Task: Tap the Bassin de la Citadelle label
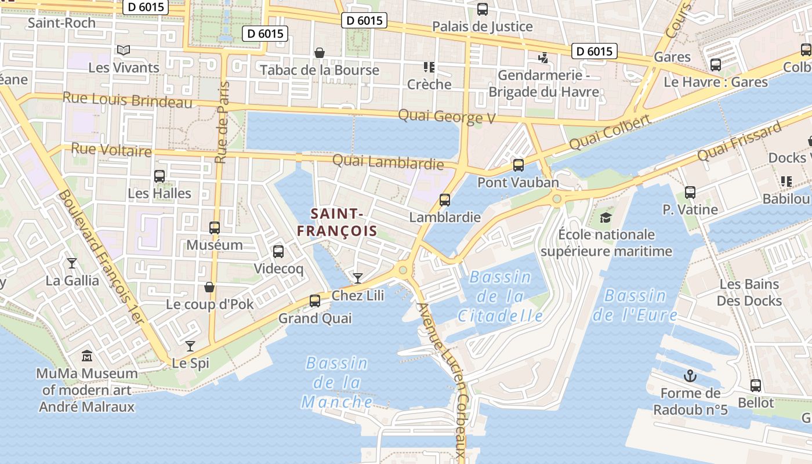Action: click(x=501, y=296)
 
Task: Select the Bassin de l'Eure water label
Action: click(x=635, y=305)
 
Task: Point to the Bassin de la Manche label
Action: click(x=337, y=382)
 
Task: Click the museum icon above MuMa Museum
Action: click(x=87, y=355)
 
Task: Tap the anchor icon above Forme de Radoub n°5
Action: click(x=690, y=376)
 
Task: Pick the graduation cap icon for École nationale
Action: click(x=606, y=217)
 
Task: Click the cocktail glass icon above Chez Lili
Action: click(x=358, y=278)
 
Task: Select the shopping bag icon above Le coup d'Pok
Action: click(x=209, y=287)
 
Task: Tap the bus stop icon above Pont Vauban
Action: click(x=519, y=165)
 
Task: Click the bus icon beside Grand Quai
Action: click(x=315, y=300)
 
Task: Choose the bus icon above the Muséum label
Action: click(x=215, y=228)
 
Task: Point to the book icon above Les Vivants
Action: click(x=123, y=50)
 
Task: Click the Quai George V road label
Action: click(x=447, y=117)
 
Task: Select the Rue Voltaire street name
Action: click(x=111, y=150)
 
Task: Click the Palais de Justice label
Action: click(x=483, y=26)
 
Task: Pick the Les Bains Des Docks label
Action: click(x=749, y=292)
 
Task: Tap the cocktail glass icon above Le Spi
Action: click(x=190, y=346)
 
